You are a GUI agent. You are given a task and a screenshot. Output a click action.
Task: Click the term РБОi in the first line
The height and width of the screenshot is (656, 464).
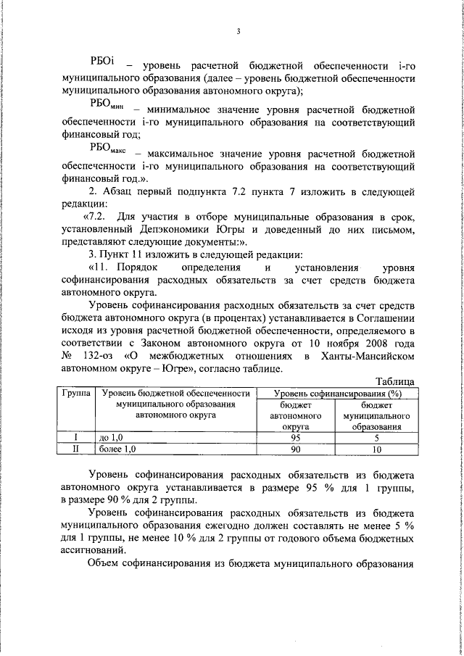point(101,63)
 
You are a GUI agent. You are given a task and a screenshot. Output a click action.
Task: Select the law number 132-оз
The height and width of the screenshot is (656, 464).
point(97,356)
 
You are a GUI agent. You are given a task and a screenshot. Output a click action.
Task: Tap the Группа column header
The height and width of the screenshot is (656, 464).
point(76,394)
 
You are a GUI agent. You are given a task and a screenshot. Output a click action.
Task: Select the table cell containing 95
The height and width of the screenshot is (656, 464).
point(295,438)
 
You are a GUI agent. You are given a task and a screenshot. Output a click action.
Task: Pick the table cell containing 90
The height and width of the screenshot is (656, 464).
point(295,449)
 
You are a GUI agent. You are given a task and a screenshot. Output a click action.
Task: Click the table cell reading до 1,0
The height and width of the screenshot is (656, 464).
point(111,438)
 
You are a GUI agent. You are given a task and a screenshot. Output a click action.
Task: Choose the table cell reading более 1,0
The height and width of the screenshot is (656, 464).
point(117,449)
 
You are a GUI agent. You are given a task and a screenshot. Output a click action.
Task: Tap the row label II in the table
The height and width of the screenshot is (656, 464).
point(76,449)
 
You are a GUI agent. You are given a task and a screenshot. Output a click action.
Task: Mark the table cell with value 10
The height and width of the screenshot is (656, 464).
point(376,449)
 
